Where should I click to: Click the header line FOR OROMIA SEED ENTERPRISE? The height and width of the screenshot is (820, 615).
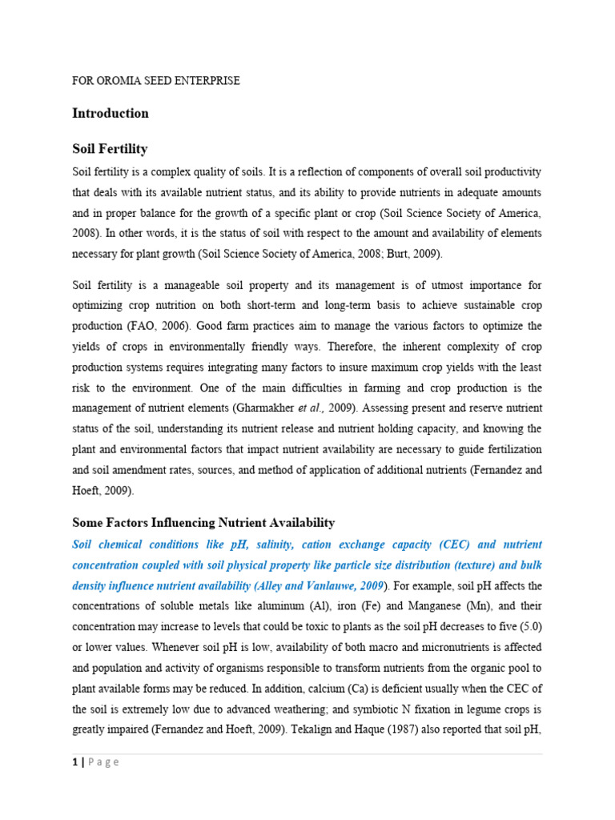(x=156, y=81)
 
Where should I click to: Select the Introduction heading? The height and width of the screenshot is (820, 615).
(x=111, y=114)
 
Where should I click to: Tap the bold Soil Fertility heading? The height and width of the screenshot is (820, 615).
(x=110, y=150)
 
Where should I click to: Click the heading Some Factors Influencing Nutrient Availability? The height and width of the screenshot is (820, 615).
(x=203, y=523)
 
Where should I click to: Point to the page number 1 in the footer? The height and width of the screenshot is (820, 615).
(x=74, y=762)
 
